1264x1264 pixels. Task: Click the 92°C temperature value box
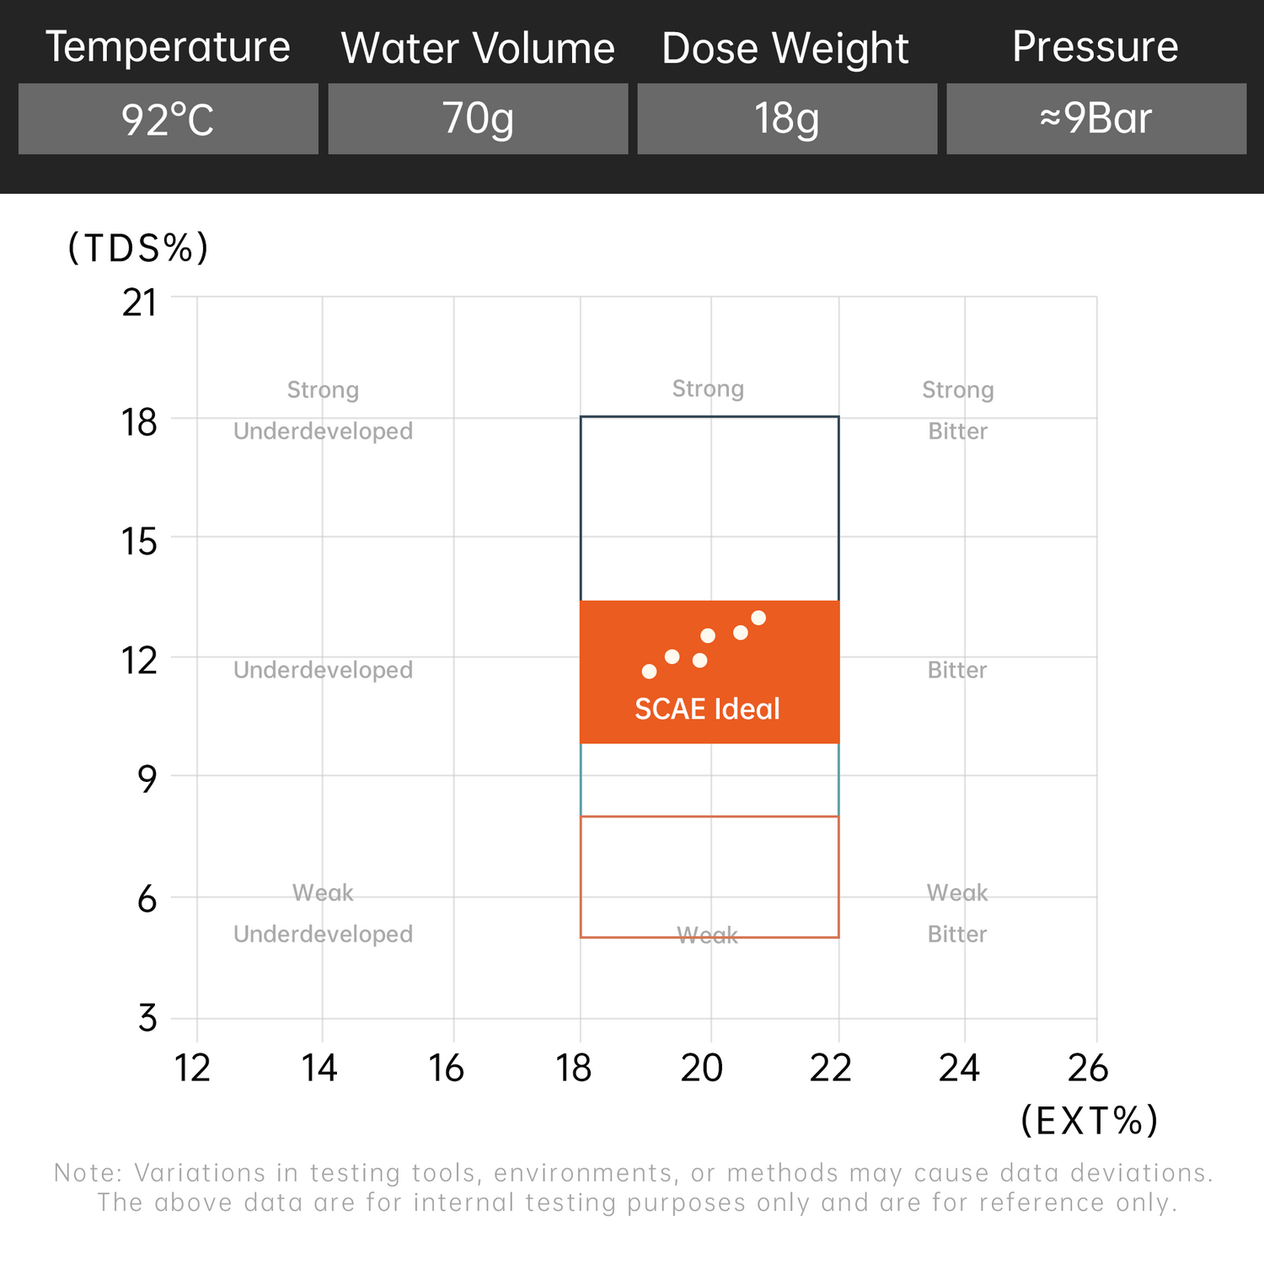pyautogui.click(x=168, y=119)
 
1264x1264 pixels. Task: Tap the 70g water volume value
pyautogui.click(x=478, y=119)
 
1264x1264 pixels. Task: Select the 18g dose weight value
pyautogui.click(x=786, y=119)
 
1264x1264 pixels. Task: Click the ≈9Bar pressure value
pyautogui.click(x=1095, y=119)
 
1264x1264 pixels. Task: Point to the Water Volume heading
pyautogui.click(x=478, y=48)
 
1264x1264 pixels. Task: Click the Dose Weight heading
pyautogui.click(x=785, y=48)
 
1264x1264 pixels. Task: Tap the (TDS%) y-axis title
pyautogui.click(x=138, y=248)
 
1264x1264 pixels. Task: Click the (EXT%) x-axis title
pyautogui.click(x=1090, y=1121)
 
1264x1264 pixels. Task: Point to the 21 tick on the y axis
pyautogui.click(x=140, y=303)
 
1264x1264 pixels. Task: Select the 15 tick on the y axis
pyautogui.click(x=140, y=542)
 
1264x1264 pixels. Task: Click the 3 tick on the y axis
pyautogui.click(x=147, y=1019)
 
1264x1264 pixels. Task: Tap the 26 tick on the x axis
pyautogui.click(x=1088, y=1069)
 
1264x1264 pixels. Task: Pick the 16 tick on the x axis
pyautogui.click(x=447, y=1069)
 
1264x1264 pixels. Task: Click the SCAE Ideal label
pyautogui.click(x=707, y=710)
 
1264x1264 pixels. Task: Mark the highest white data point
pyautogui.click(x=758, y=618)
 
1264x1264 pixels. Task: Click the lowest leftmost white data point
pyautogui.click(x=649, y=672)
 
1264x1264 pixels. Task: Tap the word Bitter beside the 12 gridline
pyautogui.click(x=957, y=670)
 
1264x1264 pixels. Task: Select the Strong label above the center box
pyautogui.click(x=708, y=388)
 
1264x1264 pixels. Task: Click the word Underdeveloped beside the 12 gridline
pyautogui.click(x=323, y=670)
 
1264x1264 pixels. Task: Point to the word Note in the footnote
pyautogui.click(x=88, y=1172)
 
